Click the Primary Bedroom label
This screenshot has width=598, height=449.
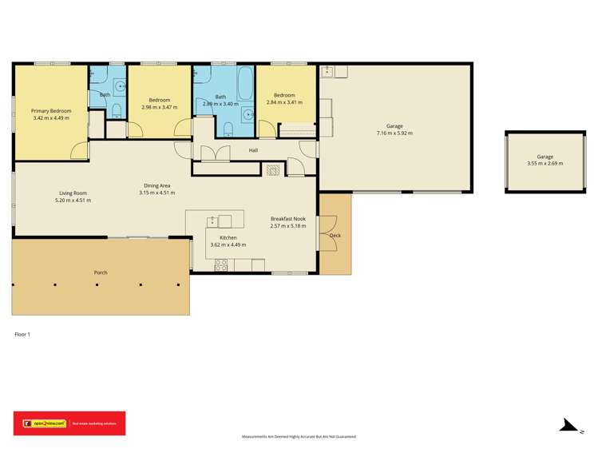(x=51, y=110)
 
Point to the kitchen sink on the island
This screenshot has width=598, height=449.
(x=213, y=221)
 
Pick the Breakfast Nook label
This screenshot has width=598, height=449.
(x=288, y=219)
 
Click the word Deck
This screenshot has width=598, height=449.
(x=335, y=236)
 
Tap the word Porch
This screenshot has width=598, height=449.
(x=101, y=272)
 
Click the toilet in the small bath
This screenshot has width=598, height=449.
(x=116, y=110)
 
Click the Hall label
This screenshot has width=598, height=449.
(x=253, y=150)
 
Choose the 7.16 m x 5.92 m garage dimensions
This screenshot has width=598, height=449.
(x=394, y=133)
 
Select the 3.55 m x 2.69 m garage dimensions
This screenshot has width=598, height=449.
(x=545, y=164)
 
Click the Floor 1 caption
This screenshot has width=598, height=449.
(x=22, y=334)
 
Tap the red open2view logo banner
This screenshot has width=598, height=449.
(x=69, y=423)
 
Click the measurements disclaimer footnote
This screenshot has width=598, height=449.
(x=299, y=437)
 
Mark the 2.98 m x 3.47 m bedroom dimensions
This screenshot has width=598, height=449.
(x=160, y=106)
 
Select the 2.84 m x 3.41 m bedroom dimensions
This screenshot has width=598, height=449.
(x=285, y=102)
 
